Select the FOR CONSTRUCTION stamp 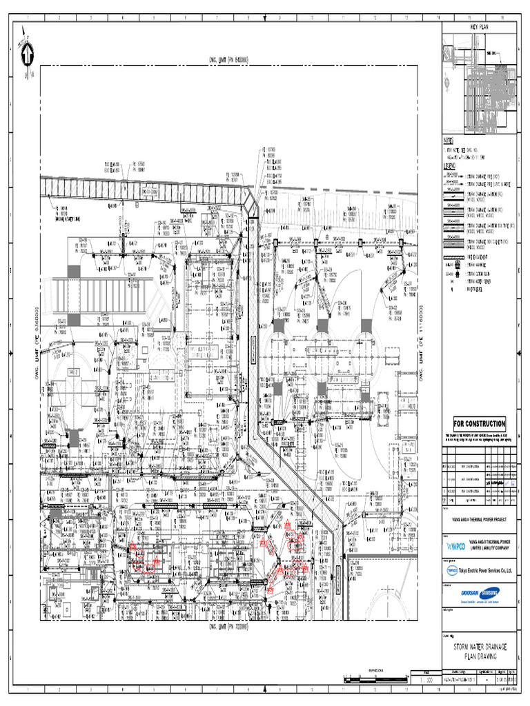479,423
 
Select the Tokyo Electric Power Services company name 488,570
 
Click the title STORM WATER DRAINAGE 480,647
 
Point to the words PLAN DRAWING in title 480,657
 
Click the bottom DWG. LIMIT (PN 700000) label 228,627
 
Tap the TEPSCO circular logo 451,571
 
